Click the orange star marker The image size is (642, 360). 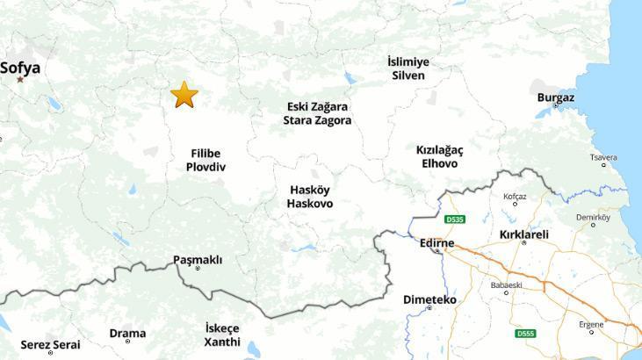point(184,95)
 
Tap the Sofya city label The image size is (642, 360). point(20,67)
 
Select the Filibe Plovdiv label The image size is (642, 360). point(206,160)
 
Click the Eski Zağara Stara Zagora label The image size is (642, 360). point(317,113)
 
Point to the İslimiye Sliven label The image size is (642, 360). point(408,68)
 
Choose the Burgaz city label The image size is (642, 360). point(555,97)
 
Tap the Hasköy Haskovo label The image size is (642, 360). point(310,197)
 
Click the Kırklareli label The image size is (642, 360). point(523,234)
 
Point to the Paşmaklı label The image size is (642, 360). point(198,260)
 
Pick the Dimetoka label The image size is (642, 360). point(429,299)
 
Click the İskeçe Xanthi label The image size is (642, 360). point(222,335)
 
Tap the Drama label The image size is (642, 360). point(127,333)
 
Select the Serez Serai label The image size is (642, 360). point(50,345)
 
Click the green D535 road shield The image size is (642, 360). point(454,220)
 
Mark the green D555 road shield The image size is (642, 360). point(525,334)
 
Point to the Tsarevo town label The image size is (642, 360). point(603,158)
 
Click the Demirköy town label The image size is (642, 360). point(593,217)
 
